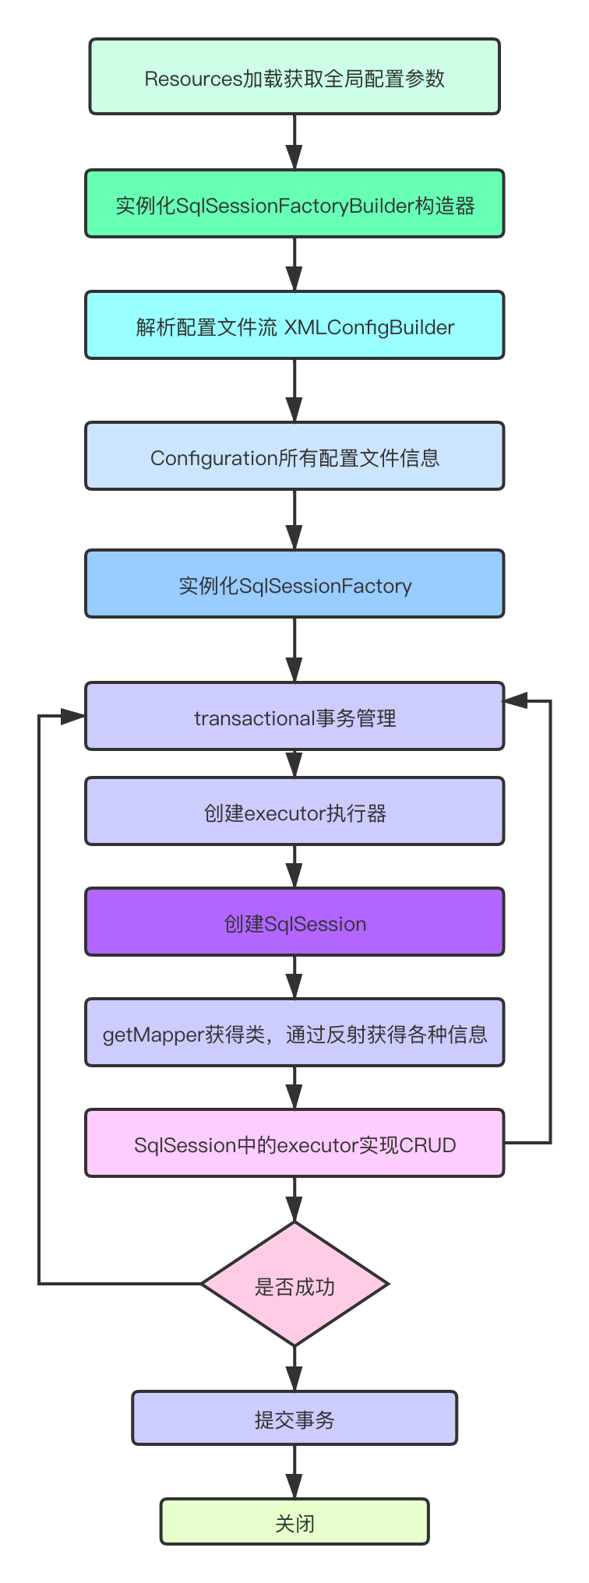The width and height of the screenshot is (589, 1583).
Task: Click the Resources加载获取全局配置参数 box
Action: [x=294, y=77]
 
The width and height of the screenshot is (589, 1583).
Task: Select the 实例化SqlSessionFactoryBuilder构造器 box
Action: [x=294, y=204]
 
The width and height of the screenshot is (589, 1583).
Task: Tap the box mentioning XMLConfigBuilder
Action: [x=294, y=326]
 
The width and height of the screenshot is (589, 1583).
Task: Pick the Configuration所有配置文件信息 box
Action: [x=294, y=457]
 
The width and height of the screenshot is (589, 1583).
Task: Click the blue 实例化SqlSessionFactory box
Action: [x=294, y=584]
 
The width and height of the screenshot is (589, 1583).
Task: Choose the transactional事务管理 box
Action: [x=294, y=717]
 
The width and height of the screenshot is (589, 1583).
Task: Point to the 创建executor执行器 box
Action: [x=294, y=812]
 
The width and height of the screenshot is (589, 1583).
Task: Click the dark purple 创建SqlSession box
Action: [x=294, y=922]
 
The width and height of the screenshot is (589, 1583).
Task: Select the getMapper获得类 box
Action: [x=294, y=1033]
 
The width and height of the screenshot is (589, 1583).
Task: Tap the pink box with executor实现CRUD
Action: [x=294, y=1144]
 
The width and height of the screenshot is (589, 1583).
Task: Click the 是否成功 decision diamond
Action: [x=294, y=1284]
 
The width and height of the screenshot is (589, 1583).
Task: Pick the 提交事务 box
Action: [x=294, y=1419]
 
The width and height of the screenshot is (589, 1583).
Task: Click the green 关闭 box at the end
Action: [x=294, y=1522]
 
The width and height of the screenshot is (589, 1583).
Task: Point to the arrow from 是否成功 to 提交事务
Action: [x=294, y=1369]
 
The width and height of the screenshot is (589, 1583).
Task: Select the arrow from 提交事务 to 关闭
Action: [x=294, y=1472]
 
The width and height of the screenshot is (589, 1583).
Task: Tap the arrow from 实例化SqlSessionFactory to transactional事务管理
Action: [x=294, y=650]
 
